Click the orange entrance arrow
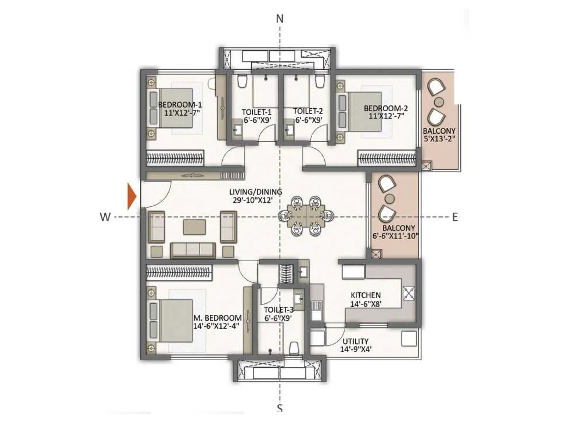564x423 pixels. pyautogui.click(x=132, y=196)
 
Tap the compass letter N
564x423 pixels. pyautogui.click(x=280, y=19)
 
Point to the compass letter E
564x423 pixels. pyautogui.click(x=455, y=217)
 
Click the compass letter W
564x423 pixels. pyautogui.click(x=105, y=217)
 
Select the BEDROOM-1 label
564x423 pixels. pyautogui.click(x=180, y=105)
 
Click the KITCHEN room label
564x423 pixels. pyautogui.click(x=366, y=295)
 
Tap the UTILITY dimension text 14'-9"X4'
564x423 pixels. pyautogui.click(x=355, y=349)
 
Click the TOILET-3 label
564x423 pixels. pyautogui.click(x=278, y=310)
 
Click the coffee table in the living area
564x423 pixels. pyautogui.click(x=194, y=227)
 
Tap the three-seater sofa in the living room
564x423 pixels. pyautogui.click(x=193, y=250)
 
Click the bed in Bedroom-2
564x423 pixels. pyautogui.click(x=365, y=111)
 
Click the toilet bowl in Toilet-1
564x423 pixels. pyautogui.click(x=242, y=81)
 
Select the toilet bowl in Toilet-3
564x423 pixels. pyautogui.click(x=294, y=348)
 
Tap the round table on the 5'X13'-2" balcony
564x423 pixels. pyautogui.click(x=439, y=102)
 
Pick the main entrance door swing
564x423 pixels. pyautogui.click(x=155, y=194)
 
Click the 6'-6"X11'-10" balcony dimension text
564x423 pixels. pyautogui.click(x=395, y=236)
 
